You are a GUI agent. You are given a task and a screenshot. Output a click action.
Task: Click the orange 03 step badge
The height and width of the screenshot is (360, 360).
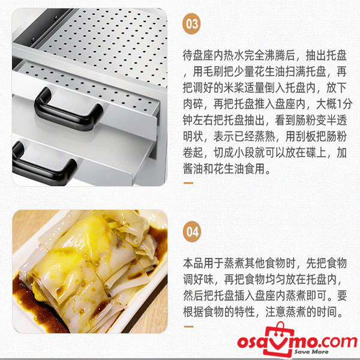pyautogui.click(x=192, y=24)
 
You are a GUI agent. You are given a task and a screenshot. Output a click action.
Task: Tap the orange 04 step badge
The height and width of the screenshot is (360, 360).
pyautogui.click(x=192, y=232)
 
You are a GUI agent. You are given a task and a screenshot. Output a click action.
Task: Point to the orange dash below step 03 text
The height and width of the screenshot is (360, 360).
pyautogui.click(x=188, y=183)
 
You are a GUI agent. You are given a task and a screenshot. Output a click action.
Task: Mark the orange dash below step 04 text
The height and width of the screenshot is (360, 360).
pyautogui.click(x=188, y=326)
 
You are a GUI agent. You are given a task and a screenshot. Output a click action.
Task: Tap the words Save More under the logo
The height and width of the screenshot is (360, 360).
pyautogui.click(x=311, y=352)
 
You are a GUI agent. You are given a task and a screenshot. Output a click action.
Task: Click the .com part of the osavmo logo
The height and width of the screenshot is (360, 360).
pyautogui.click(x=336, y=341)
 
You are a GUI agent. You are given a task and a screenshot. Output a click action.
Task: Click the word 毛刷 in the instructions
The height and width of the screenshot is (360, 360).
pyautogui.click(x=213, y=71)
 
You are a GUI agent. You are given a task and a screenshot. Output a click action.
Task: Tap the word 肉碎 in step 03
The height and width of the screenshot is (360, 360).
pyautogui.click(x=193, y=104)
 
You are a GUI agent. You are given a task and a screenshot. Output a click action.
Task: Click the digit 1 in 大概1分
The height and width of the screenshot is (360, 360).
pyautogui.click(x=340, y=104)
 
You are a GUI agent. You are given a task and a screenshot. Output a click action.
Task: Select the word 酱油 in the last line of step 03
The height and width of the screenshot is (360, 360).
pyautogui.click(x=193, y=169)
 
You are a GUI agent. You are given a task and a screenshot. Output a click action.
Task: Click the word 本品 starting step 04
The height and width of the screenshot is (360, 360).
pyautogui.click(x=193, y=263)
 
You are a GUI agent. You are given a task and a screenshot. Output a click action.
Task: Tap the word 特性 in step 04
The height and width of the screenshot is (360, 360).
pyautogui.click(x=244, y=312)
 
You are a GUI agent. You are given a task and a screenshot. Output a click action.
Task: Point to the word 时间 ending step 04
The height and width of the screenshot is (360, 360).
pyautogui.click(x=326, y=312)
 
